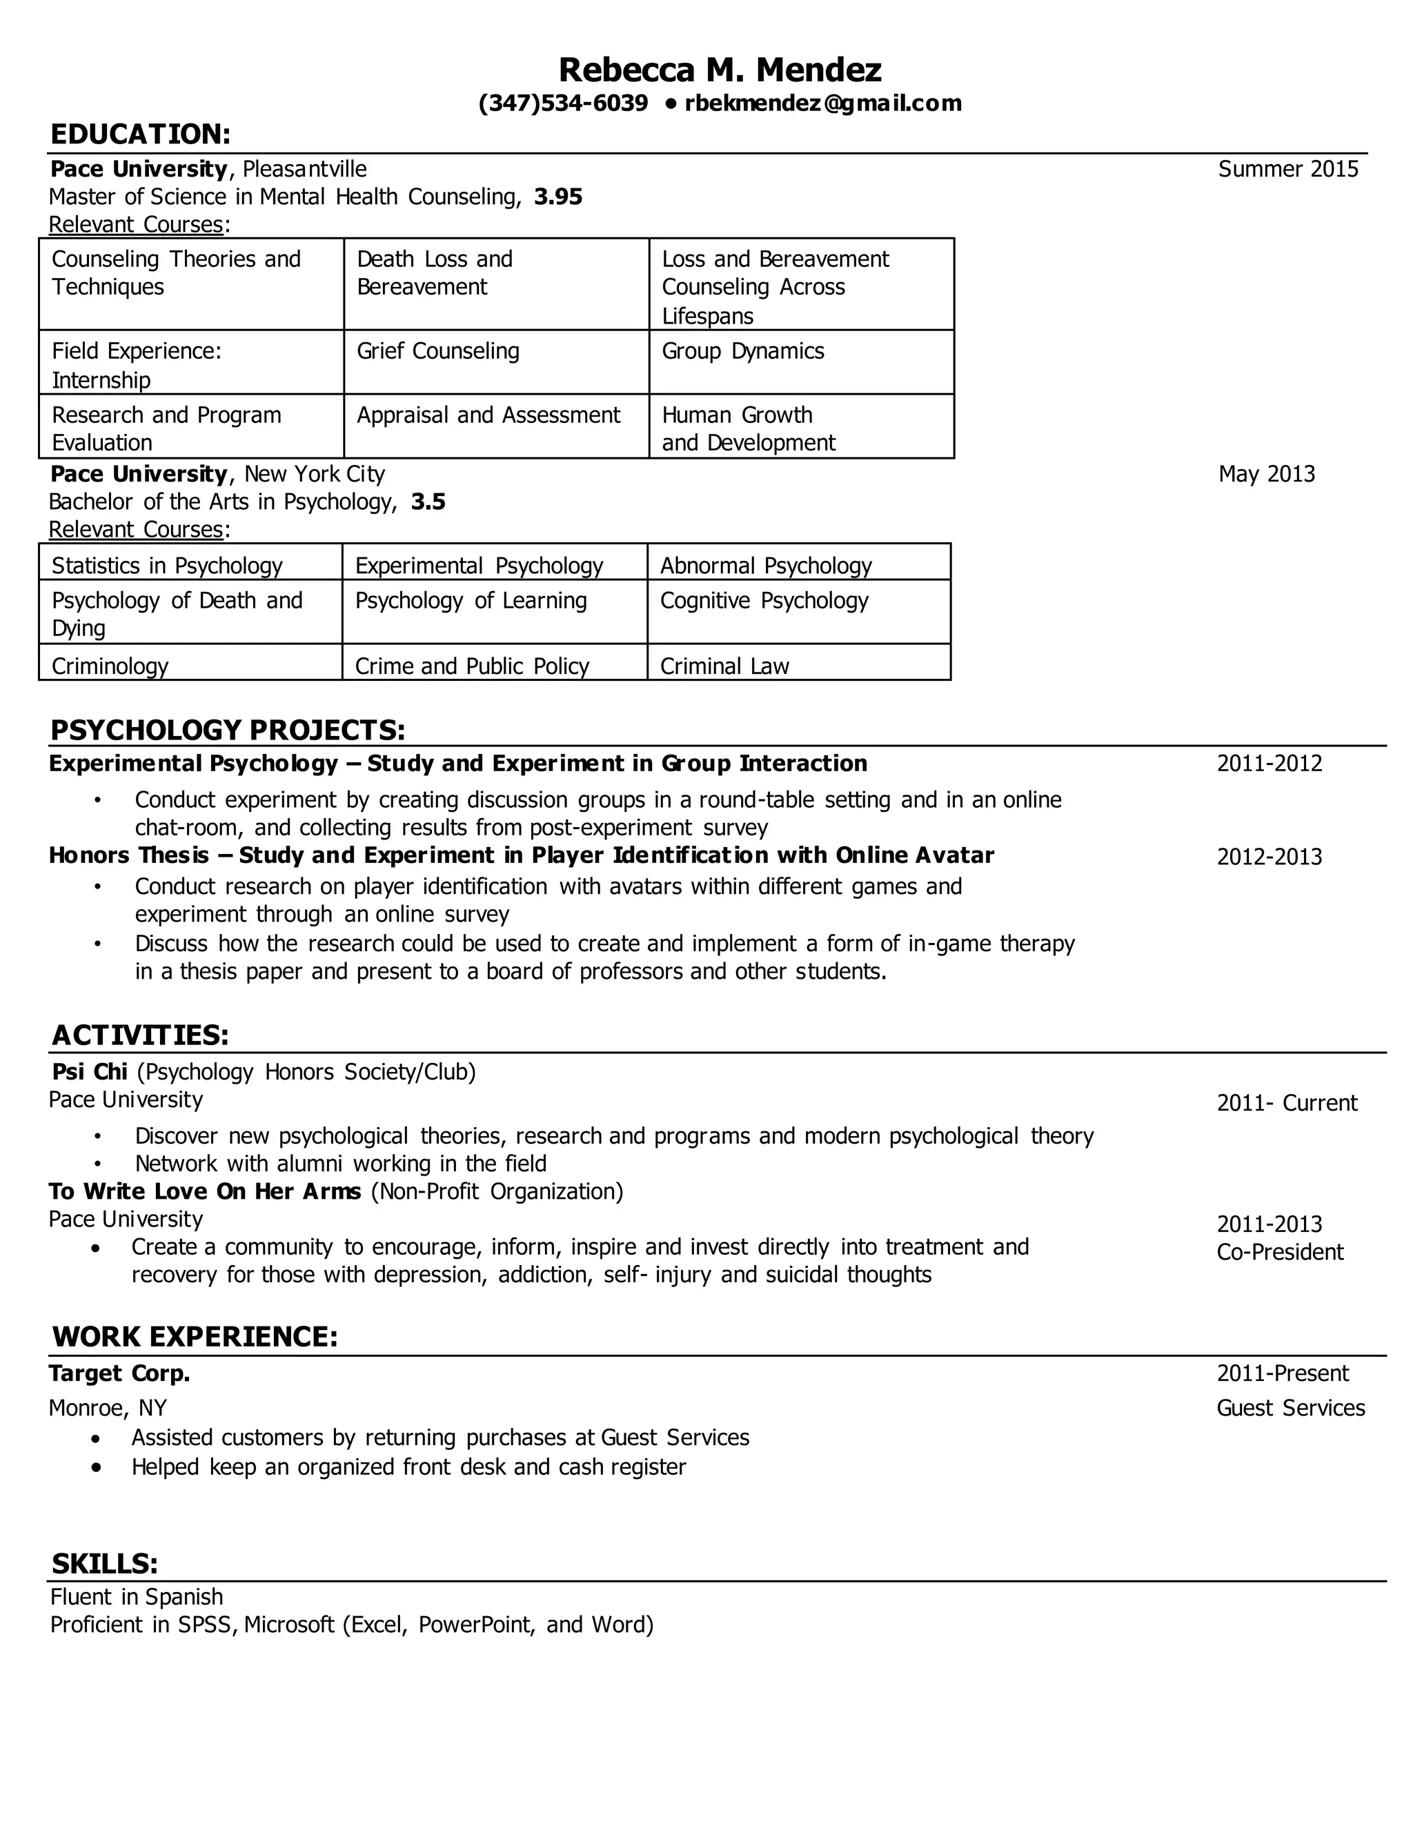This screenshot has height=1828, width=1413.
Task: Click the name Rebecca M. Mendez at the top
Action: click(x=719, y=70)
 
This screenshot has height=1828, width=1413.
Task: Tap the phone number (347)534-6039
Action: click(x=562, y=103)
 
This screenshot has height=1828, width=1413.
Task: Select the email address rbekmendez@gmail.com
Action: click(x=823, y=103)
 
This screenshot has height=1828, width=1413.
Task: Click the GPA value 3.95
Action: click(x=557, y=197)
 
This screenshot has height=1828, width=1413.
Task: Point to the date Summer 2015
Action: click(x=1287, y=169)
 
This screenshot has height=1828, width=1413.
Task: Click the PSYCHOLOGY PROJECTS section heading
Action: click(x=228, y=730)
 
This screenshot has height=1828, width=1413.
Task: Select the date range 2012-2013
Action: click(x=1269, y=857)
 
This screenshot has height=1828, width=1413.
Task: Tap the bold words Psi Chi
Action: click(x=90, y=1071)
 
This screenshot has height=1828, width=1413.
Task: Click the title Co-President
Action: click(x=1279, y=1252)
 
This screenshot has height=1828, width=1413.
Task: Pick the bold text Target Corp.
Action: click(x=119, y=1373)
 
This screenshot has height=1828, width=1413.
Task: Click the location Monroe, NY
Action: click(x=108, y=1408)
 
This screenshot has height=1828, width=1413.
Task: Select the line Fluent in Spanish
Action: click(x=137, y=1597)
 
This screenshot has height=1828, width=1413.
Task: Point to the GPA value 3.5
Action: click(x=428, y=502)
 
